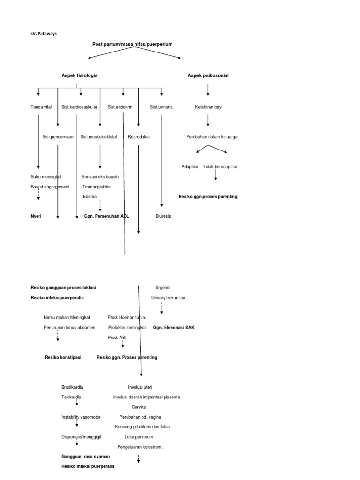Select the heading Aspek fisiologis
[x=80, y=75]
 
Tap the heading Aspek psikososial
[x=208, y=75]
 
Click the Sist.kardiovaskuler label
[x=79, y=107]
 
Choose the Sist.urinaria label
[x=161, y=107]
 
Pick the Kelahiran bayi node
[x=209, y=107]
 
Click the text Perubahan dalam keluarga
[x=211, y=137]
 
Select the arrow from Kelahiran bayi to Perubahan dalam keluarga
[x=208, y=120]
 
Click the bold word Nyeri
[x=36, y=216]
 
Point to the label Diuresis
[x=163, y=216]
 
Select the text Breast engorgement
[x=50, y=187]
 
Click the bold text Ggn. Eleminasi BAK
[x=173, y=328]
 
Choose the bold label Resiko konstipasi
[x=62, y=357]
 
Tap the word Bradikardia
[x=72, y=387]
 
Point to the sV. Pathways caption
[x=44, y=34]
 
